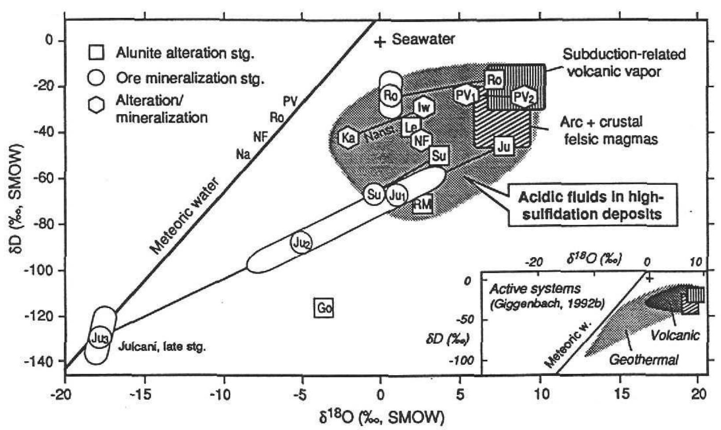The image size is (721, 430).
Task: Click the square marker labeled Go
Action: tap(324, 308)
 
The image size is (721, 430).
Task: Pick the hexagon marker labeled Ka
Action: tap(349, 138)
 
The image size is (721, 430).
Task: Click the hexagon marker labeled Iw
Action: tap(423, 107)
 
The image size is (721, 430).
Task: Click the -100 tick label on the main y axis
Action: tap(40, 270)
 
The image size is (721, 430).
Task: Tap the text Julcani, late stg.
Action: tap(162, 347)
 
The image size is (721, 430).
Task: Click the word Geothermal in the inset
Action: tap(644, 360)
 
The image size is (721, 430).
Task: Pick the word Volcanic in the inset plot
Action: tap(674, 336)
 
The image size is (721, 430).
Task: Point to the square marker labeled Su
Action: tap(439, 155)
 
